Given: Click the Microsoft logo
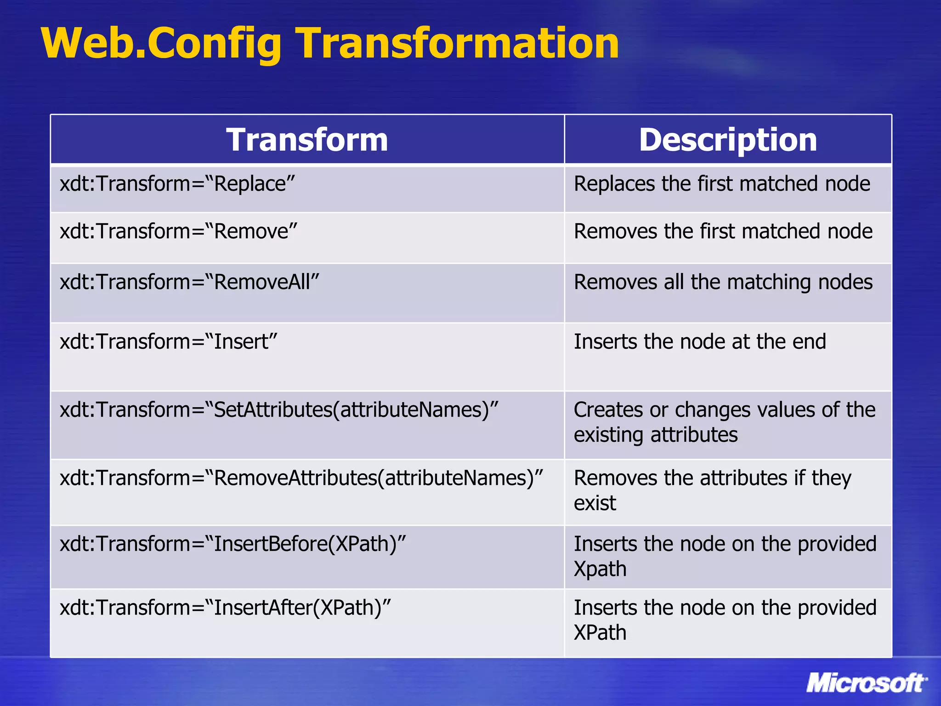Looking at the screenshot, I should tap(866, 683).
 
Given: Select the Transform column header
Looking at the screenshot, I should tap(307, 140).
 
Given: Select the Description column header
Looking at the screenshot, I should tap(728, 140).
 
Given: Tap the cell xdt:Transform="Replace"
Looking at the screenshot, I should tap(177, 184).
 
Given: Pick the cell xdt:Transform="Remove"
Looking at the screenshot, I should tap(179, 231).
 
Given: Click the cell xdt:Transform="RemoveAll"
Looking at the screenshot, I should tap(189, 282).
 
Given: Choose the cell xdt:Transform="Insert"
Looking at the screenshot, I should tap(169, 342).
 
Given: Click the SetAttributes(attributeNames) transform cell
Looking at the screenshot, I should tap(279, 410).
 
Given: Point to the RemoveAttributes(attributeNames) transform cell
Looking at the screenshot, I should tap(301, 478).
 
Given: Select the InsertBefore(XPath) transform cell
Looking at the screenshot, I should tap(233, 544).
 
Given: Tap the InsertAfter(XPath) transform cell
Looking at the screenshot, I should tap(225, 608).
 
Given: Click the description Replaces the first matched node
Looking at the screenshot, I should tap(722, 184).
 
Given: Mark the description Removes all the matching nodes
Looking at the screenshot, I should tap(723, 282).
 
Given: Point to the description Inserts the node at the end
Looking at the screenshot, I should tap(700, 342).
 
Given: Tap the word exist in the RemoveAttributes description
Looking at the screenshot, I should tap(595, 503).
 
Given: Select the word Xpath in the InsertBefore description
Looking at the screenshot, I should tap(600, 569).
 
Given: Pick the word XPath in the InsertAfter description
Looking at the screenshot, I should tap(600, 632).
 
